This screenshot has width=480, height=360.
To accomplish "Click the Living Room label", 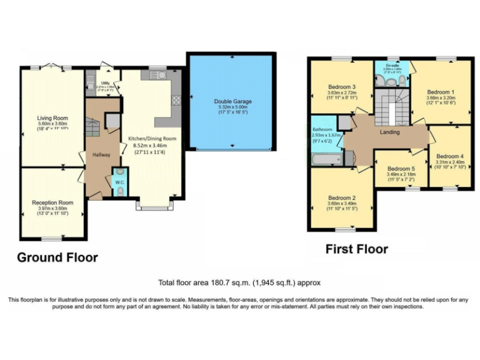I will click(x=52, y=117).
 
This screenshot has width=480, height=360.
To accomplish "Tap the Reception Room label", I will click(x=52, y=202).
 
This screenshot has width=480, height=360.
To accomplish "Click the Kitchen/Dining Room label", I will click(x=152, y=138).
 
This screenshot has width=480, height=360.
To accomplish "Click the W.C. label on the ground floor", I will click(x=119, y=183).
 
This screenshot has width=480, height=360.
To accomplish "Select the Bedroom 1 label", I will click(x=440, y=91).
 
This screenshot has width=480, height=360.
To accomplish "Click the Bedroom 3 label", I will click(x=341, y=86).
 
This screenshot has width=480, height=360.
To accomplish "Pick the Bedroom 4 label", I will click(x=450, y=156).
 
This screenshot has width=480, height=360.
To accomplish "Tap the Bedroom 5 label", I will click(x=401, y=169).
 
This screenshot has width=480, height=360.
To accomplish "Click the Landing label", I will click(x=389, y=132).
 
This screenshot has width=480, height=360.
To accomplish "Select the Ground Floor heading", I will click(x=57, y=257).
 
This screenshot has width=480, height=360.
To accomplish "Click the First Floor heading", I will click(x=356, y=249).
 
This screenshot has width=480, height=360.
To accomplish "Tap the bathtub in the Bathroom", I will click(x=324, y=160).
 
